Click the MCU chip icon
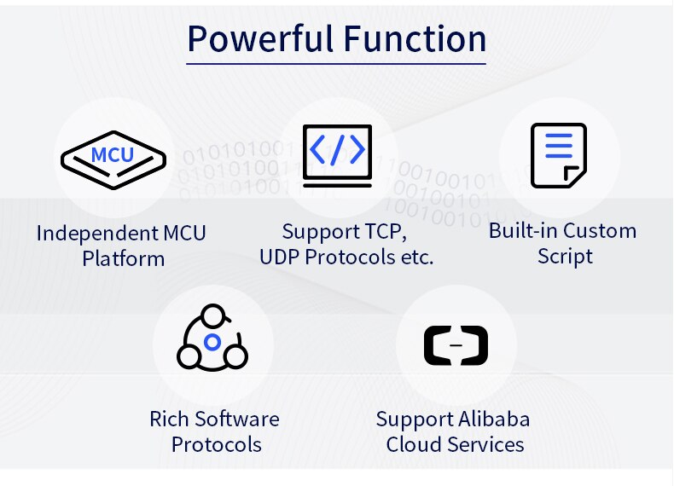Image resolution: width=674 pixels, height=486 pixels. tap(113, 158)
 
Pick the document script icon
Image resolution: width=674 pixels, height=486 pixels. tap(558, 155)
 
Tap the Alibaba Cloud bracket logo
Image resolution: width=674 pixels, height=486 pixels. tap(456, 344)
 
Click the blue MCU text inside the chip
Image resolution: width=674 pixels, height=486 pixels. tap(112, 154)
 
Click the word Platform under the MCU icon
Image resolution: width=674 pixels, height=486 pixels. tap(124, 258)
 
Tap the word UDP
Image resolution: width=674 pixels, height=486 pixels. tap(280, 257)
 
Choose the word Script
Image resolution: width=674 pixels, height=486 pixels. tap(565, 256)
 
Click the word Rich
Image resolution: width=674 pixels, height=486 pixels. tap(168, 419)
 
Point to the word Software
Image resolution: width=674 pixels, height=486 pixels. tap(236, 419)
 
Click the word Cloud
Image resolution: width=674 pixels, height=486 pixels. tap(410, 444)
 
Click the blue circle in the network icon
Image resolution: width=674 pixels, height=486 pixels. tap(212, 343)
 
